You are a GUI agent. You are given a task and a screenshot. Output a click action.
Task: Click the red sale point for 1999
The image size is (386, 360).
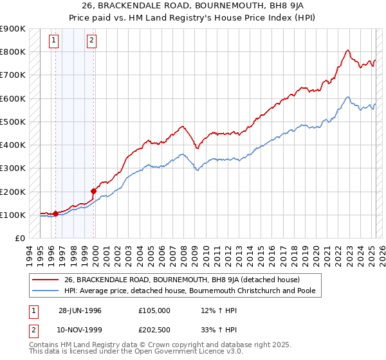tap(94, 190)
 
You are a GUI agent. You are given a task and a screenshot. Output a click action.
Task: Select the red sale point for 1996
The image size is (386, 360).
tap(56, 213)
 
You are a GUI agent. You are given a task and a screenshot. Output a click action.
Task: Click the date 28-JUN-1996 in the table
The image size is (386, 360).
tap(80, 310)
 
